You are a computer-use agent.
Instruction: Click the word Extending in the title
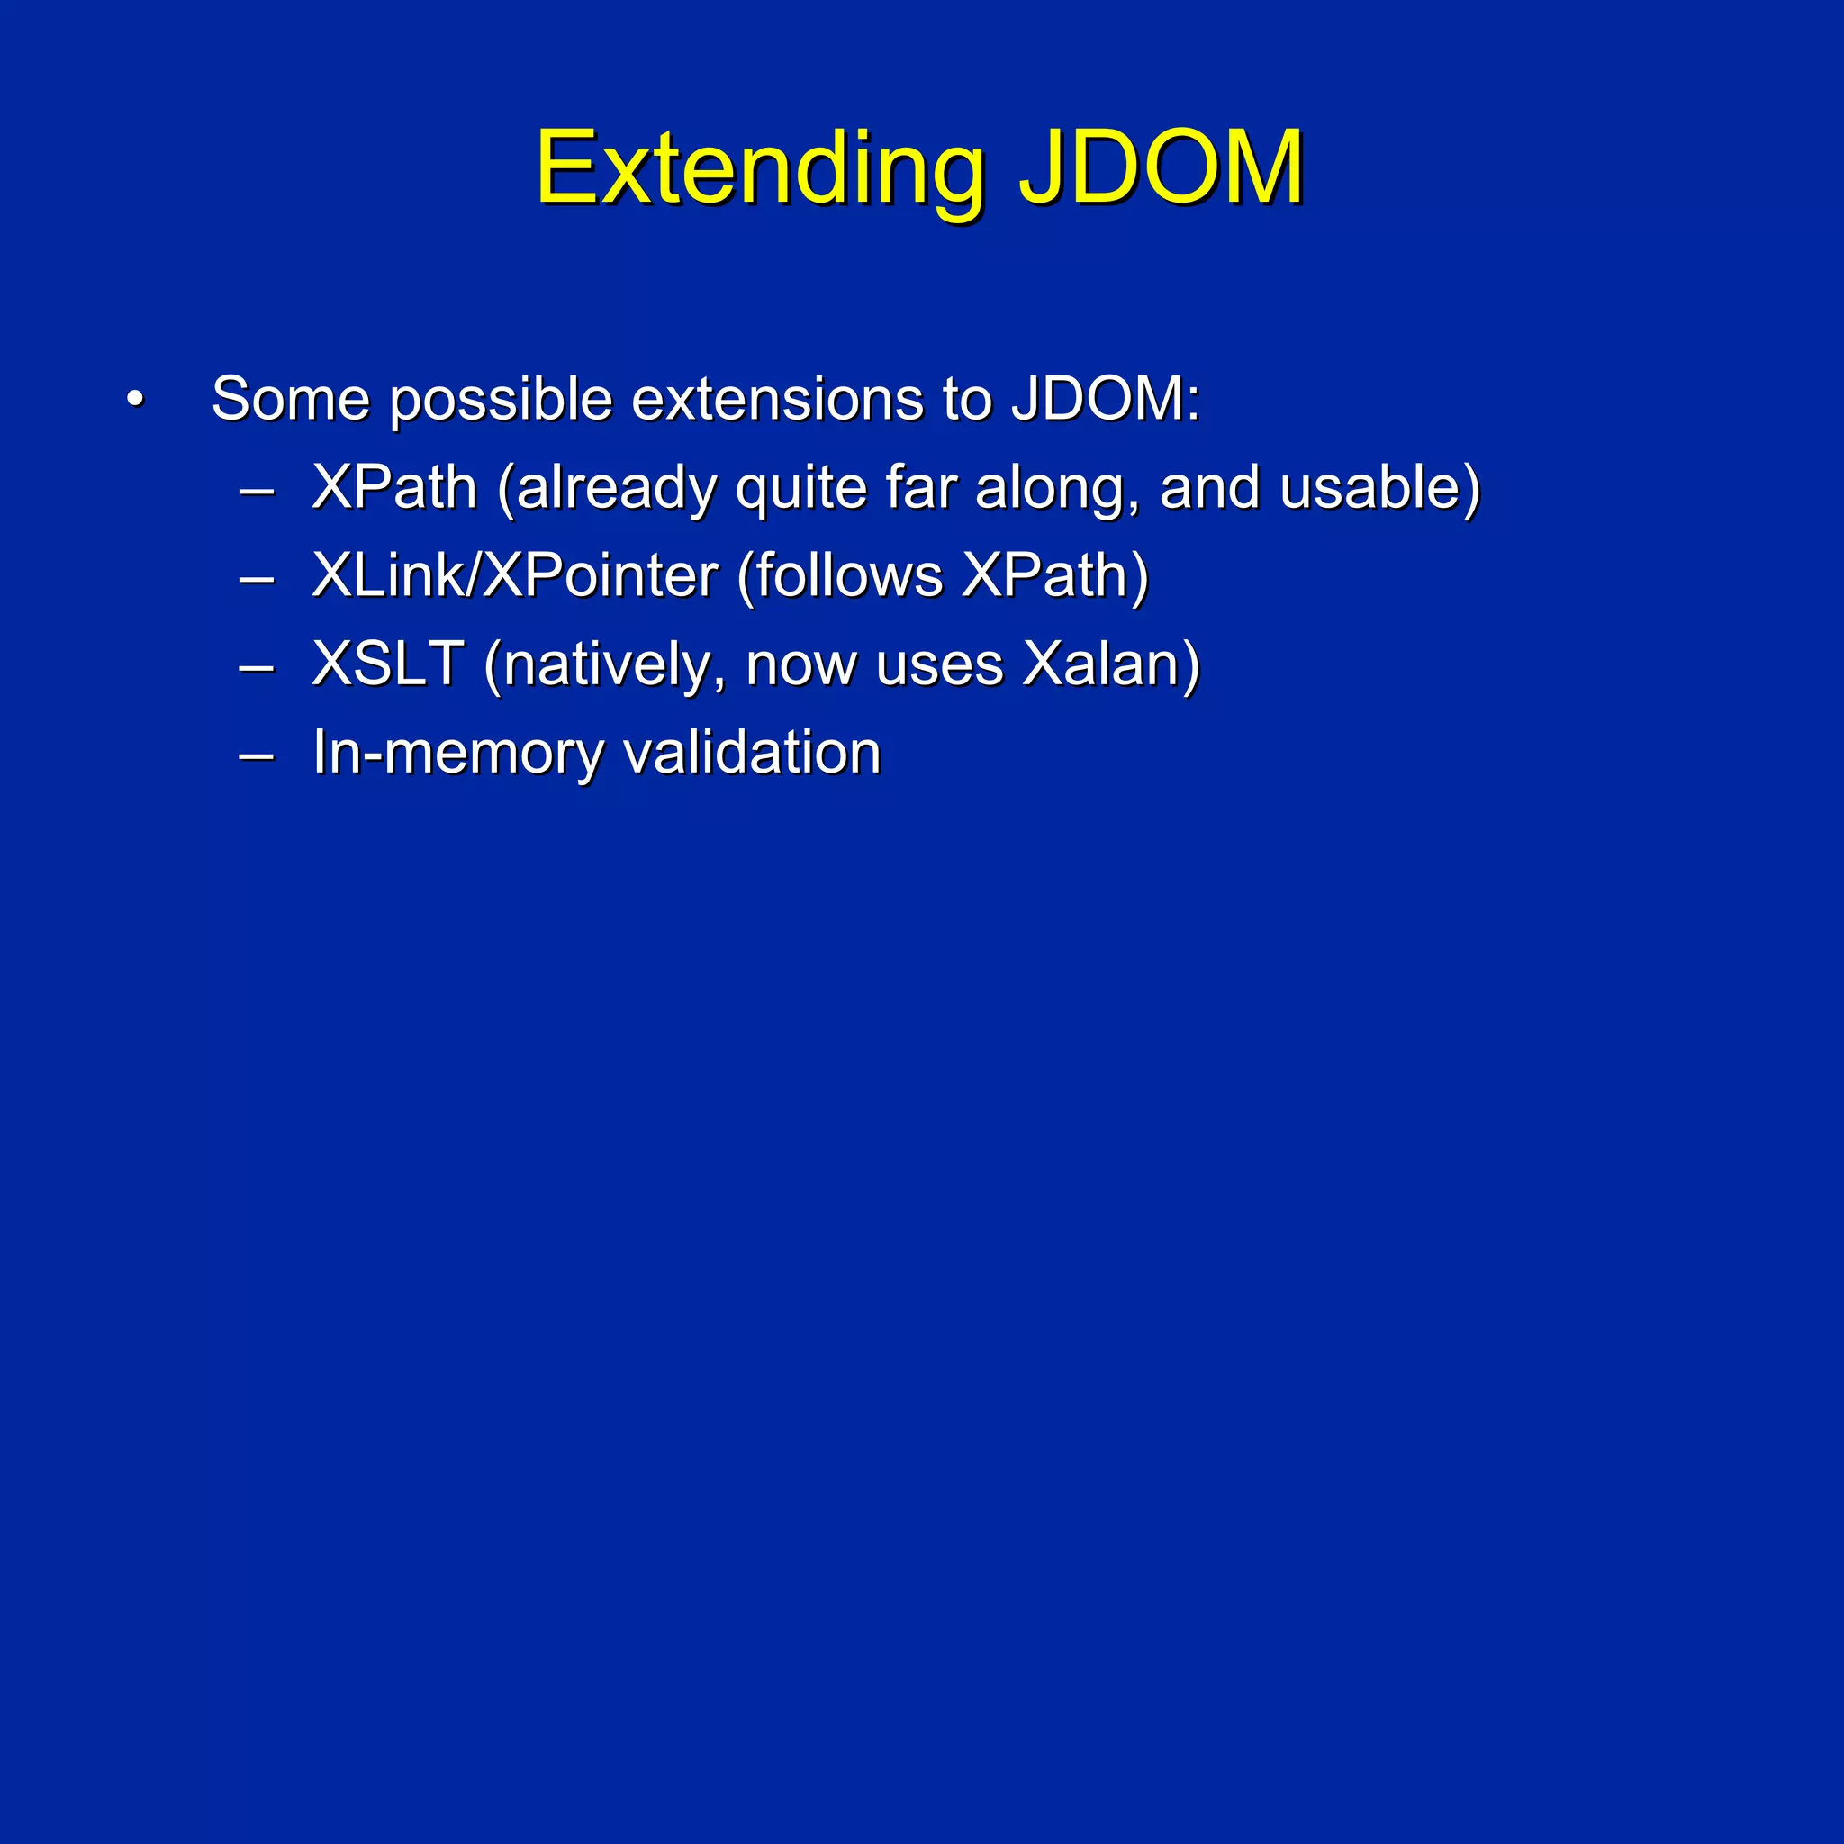[759, 170]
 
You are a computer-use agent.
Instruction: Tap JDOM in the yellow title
[1161, 170]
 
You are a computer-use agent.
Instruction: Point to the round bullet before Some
[136, 399]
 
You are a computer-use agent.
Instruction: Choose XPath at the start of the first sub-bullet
[394, 488]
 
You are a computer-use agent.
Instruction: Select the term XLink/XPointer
[515, 575]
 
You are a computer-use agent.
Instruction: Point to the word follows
[849, 575]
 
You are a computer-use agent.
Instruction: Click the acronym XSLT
[388, 664]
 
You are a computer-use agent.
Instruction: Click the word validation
[751, 752]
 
